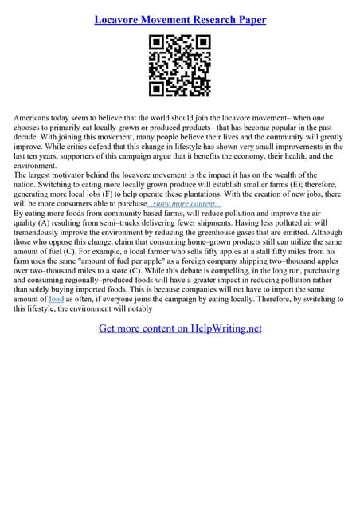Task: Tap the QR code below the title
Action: point(180,67)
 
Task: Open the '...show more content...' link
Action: point(184,204)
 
